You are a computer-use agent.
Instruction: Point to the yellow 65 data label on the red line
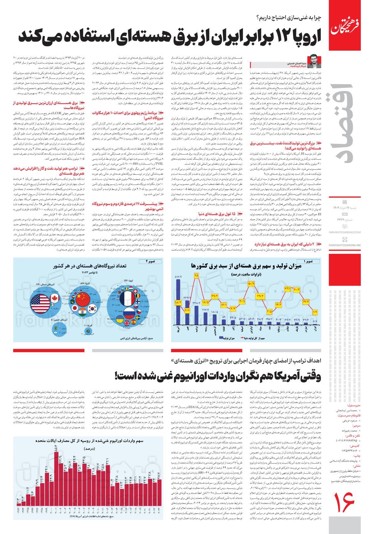click(197, 275)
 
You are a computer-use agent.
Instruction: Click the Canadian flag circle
click(55, 297)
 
